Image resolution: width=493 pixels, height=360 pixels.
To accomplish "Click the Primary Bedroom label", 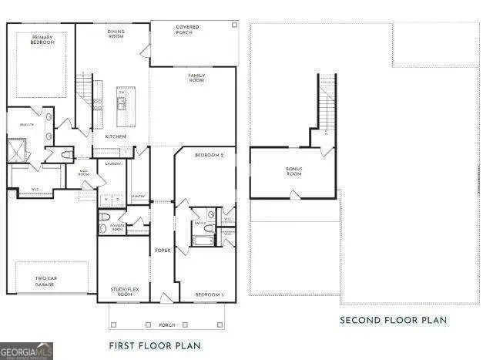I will click(x=43, y=39).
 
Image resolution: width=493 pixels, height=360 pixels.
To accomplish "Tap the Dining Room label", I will click(x=116, y=34).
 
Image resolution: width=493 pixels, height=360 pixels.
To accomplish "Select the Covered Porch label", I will click(x=187, y=30).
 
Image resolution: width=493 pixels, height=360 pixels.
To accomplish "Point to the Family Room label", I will click(x=196, y=77).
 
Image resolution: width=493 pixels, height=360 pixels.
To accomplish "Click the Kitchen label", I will click(x=116, y=136).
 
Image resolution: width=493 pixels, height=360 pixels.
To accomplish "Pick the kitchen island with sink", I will click(x=122, y=106).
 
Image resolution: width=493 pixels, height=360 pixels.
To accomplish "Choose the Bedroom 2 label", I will click(x=209, y=156).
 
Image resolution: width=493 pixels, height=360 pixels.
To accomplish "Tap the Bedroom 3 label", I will click(x=209, y=294).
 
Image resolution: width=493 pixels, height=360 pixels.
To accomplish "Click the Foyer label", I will click(x=163, y=250).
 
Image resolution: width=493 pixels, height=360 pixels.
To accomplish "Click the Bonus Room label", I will click(x=293, y=171).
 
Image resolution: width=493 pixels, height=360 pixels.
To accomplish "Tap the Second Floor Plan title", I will click(x=394, y=320).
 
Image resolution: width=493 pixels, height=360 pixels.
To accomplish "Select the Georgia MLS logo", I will click(x=27, y=352).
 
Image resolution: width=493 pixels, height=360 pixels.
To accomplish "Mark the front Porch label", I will click(x=166, y=324).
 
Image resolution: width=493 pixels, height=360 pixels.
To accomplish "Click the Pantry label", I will click(x=139, y=197).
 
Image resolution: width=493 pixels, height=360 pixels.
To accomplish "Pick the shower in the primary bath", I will click(x=16, y=149).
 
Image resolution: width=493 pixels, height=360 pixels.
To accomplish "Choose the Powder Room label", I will click(x=117, y=228).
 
